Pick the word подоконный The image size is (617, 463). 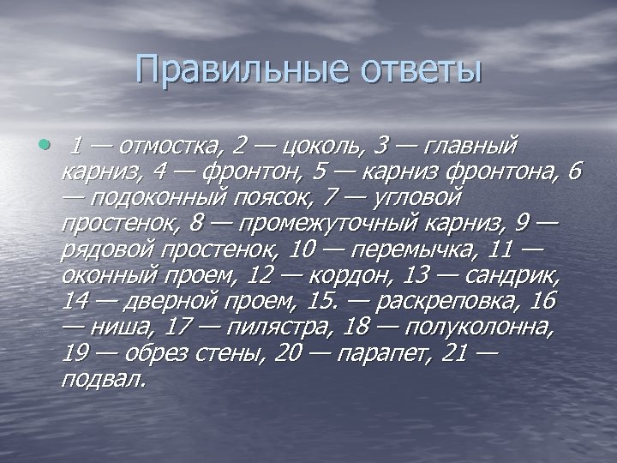pyautogui.click(x=144, y=197)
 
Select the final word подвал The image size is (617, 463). pyautogui.click(x=102, y=380)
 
